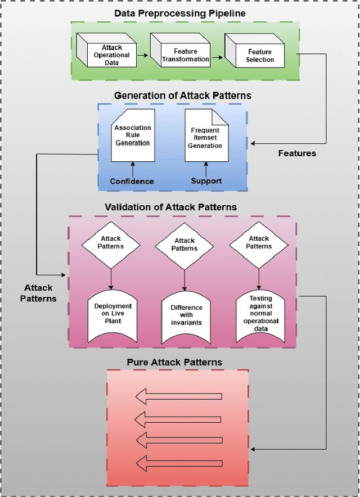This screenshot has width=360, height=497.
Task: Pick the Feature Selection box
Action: (259, 55)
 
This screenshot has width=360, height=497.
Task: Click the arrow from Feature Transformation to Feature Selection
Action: (217, 56)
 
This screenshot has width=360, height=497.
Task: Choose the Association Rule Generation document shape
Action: (133, 136)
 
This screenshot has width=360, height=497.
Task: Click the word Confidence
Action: (132, 181)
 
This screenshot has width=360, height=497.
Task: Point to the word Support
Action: (206, 181)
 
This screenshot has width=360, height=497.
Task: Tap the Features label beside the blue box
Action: (297, 153)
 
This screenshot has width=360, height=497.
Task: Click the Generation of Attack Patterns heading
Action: (182, 96)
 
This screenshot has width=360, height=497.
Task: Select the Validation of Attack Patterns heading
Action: (171, 207)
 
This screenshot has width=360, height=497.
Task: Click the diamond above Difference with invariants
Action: (184, 245)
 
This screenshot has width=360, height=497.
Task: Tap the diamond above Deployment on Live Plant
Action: (111, 242)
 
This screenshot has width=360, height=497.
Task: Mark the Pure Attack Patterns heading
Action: (174, 362)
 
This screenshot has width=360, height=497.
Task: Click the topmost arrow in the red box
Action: (178, 397)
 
